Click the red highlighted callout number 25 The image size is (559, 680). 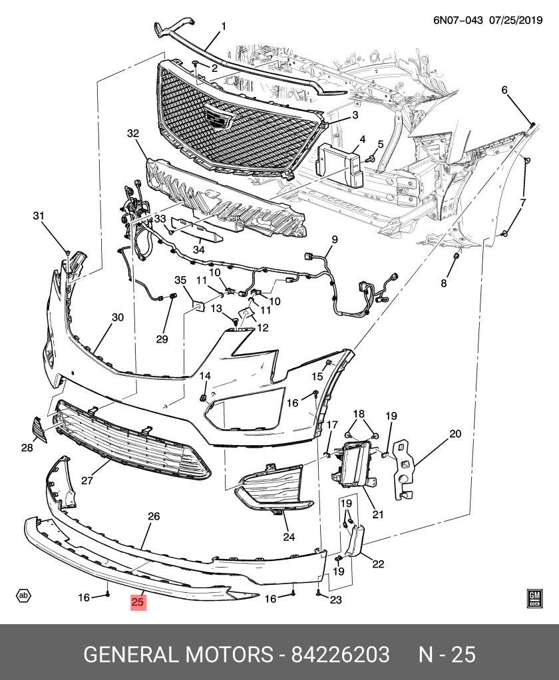point(138,602)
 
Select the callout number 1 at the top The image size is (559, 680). point(224,27)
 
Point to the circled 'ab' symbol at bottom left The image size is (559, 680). point(24,595)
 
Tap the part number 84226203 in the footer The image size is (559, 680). point(339,654)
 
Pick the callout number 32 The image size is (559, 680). point(133,134)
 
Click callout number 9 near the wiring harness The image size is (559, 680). point(335,240)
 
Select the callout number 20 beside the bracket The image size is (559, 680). point(455,434)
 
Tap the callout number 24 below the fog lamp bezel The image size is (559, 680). point(288,538)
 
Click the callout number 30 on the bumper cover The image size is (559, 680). point(118,318)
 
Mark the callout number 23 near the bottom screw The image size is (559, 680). point(335,600)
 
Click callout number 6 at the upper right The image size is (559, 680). point(504,90)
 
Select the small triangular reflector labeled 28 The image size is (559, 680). point(39,428)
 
